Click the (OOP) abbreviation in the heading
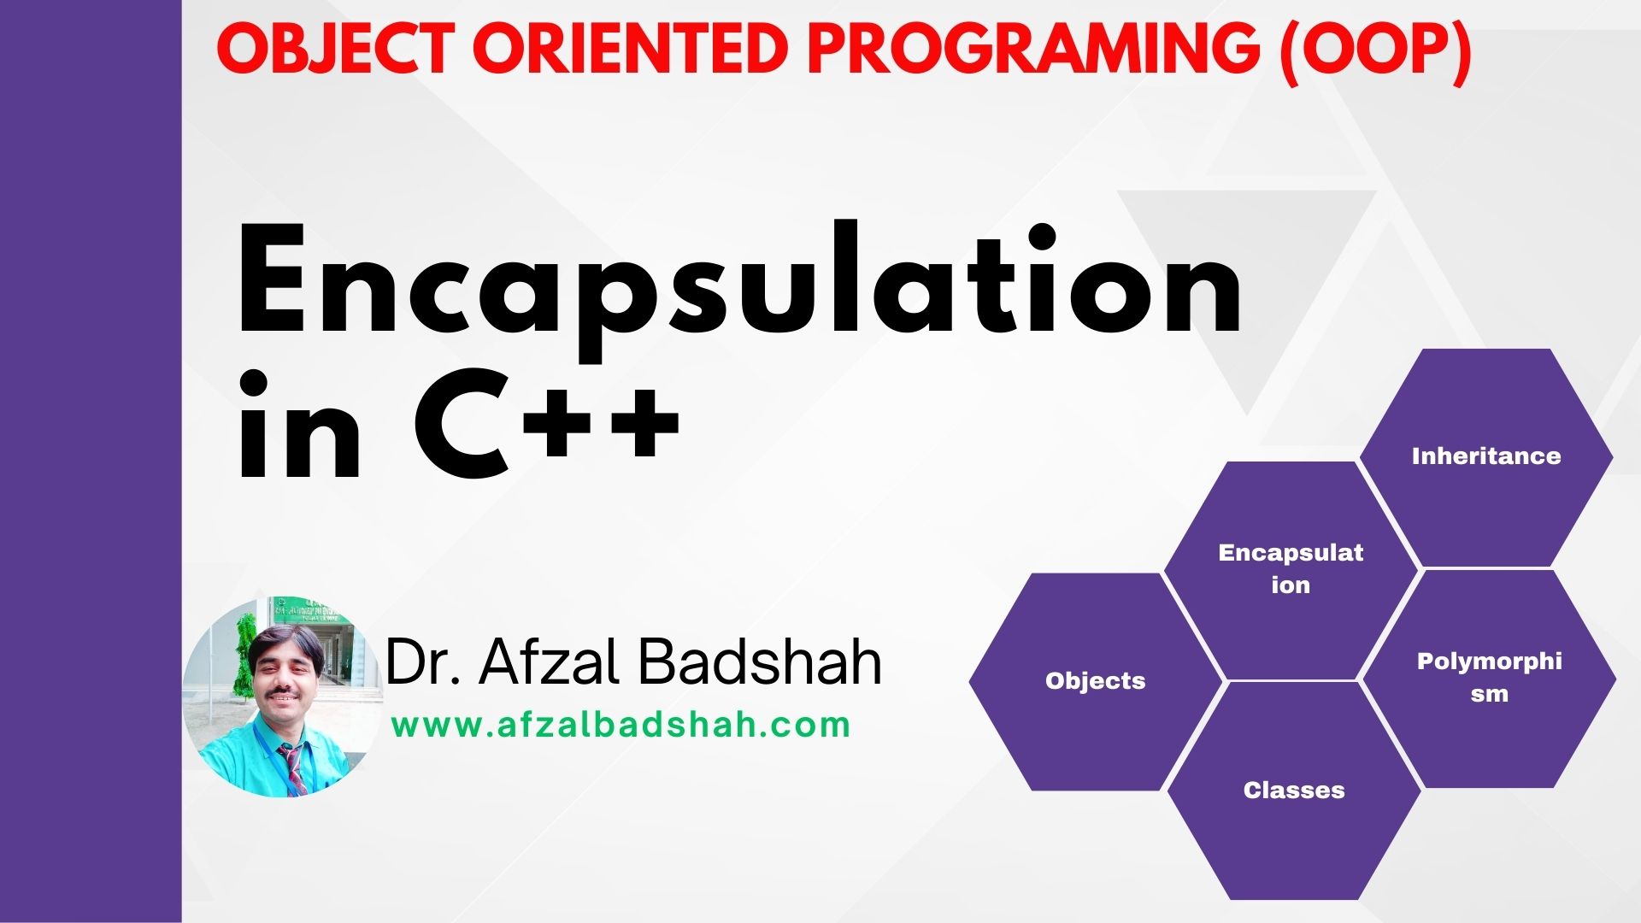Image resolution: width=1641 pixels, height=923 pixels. (x=1374, y=50)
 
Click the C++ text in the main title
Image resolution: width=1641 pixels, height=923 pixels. (x=547, y=427)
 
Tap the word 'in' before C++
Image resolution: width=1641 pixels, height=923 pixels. (x=299, y=427)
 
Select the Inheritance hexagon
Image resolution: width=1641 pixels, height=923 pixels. (x=1485, y=456)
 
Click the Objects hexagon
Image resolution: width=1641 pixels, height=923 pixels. (x=1095, y=681)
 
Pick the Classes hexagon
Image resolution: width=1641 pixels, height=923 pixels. (x=1293, y=790)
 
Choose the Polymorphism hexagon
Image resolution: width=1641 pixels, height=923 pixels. (x=1489, y=678)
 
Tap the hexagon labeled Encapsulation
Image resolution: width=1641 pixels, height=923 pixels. (x=1290, y=569)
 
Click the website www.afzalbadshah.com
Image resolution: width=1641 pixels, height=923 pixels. (x=621, y=726)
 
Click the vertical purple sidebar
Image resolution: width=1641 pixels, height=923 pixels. (x=90, y=461)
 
